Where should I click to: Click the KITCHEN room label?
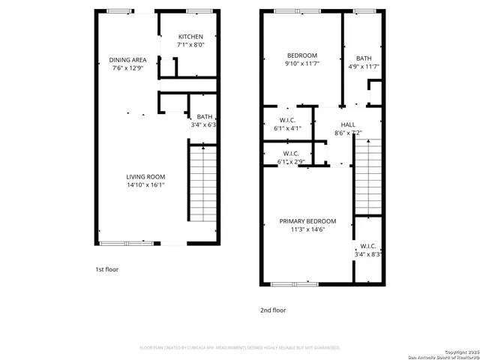point(190,37)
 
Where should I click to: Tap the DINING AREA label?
point(128,59)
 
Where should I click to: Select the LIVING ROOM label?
point(145,176)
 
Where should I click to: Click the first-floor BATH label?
point(205,117)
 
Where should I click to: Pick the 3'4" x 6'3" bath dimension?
point(204,125)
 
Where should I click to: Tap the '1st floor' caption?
point(107,269)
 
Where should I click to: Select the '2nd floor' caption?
point(273,310)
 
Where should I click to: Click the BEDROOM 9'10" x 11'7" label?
point(302,55)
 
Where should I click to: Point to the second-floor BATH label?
point(364,58)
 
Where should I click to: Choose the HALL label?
point(348,125)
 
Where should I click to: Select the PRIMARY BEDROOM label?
point(307,221)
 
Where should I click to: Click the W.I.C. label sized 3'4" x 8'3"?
point(368,246)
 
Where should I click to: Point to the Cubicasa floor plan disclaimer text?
point(240,348)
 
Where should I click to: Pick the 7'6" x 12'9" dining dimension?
point(128,68)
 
